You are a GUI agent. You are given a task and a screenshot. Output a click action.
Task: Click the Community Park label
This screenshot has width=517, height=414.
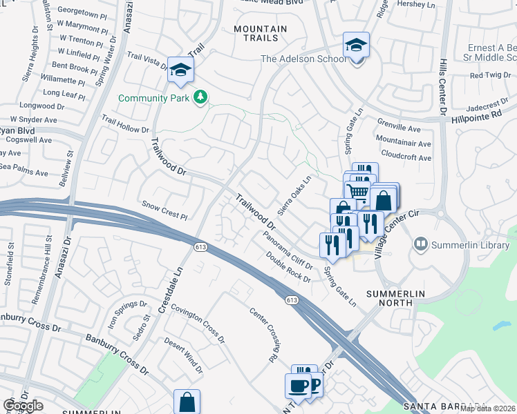tap(153, 98)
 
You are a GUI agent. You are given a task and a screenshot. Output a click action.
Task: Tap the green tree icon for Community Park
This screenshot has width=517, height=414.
tap(200, 97)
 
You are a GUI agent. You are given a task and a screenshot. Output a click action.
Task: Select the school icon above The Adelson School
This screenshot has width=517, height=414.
tap(357, 46)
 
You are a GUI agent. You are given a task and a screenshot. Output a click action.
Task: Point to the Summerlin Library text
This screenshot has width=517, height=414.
tap(473, 244)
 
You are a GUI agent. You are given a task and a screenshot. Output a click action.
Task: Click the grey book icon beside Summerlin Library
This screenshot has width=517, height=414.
tap(420, 244)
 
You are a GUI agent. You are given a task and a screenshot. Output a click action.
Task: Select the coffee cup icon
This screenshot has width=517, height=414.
tap(299, 386)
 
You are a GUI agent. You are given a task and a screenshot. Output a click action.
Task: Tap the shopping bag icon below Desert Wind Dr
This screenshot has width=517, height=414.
tap(187, 401)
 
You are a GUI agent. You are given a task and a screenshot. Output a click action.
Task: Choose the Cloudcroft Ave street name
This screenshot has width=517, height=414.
tap(406, 157)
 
